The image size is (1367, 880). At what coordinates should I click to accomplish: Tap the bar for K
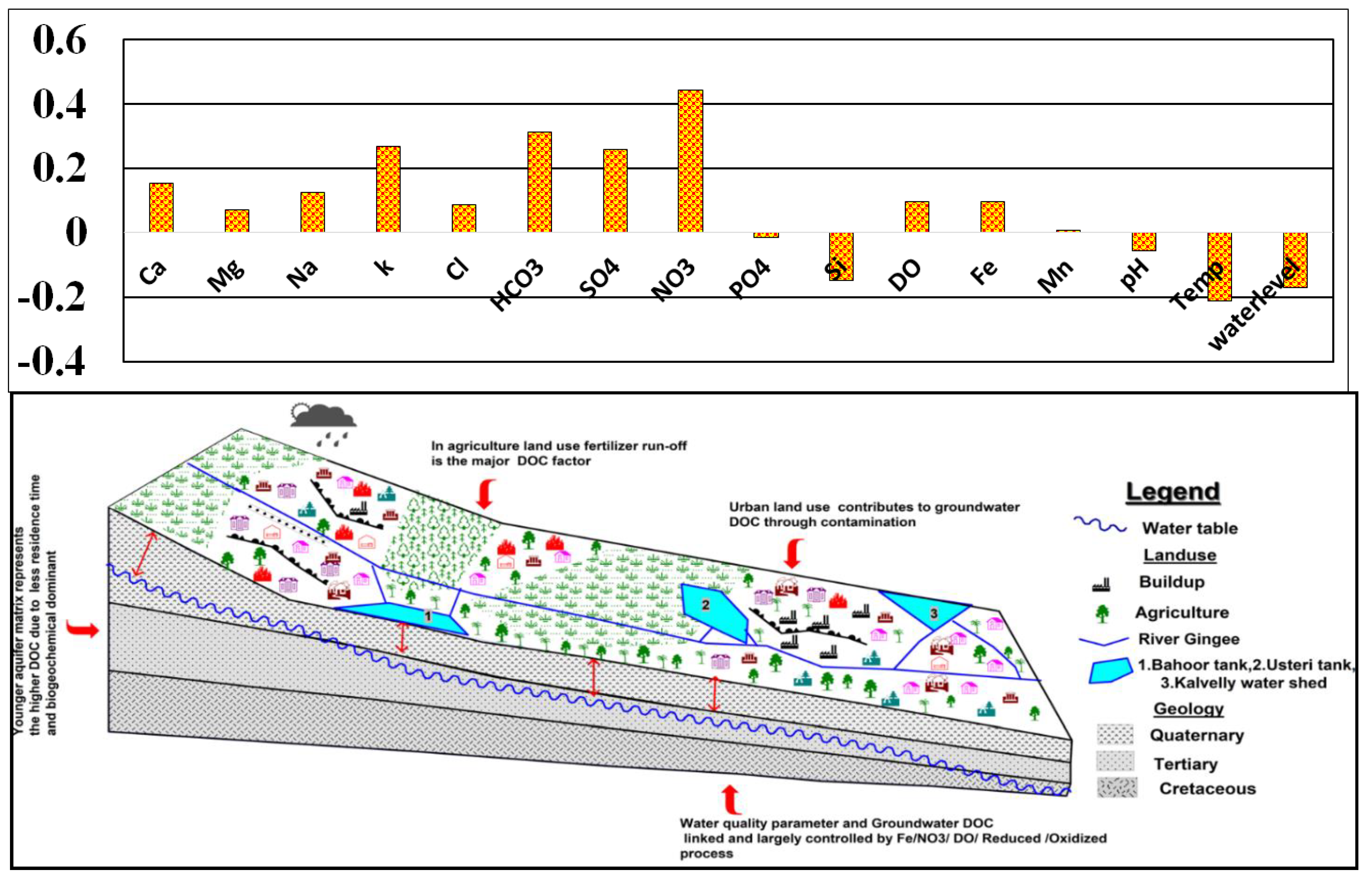[x=388, y=189]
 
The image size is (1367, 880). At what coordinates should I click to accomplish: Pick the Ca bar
[x=161, y=208]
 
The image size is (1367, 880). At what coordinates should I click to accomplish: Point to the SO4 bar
[x=615, y=191]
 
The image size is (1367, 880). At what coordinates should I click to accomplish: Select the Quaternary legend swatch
[x=1114, y=735]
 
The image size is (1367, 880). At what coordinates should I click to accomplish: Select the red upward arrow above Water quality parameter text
[x=730, y=799]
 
